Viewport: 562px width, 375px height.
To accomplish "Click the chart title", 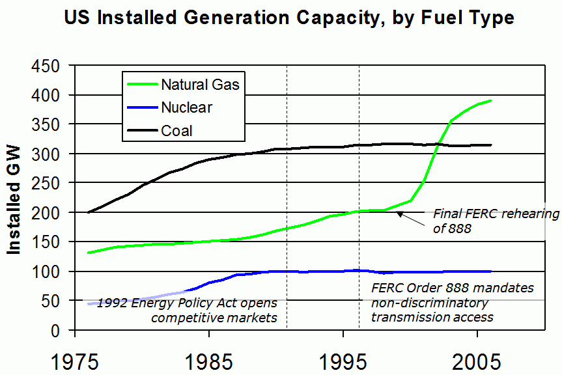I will [x=289, y=18].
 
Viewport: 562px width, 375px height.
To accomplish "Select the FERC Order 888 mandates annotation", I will [x=453, y=302].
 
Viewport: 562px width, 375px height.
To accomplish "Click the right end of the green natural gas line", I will [x=490, y=101].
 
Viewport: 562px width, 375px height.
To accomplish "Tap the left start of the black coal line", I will [x=89, y=212].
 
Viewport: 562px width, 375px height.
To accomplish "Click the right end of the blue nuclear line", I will [x=490, y=271].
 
